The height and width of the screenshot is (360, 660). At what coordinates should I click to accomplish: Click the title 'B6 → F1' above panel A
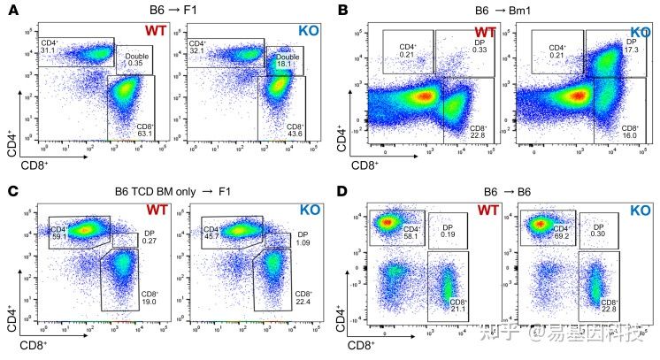click(172, 13)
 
